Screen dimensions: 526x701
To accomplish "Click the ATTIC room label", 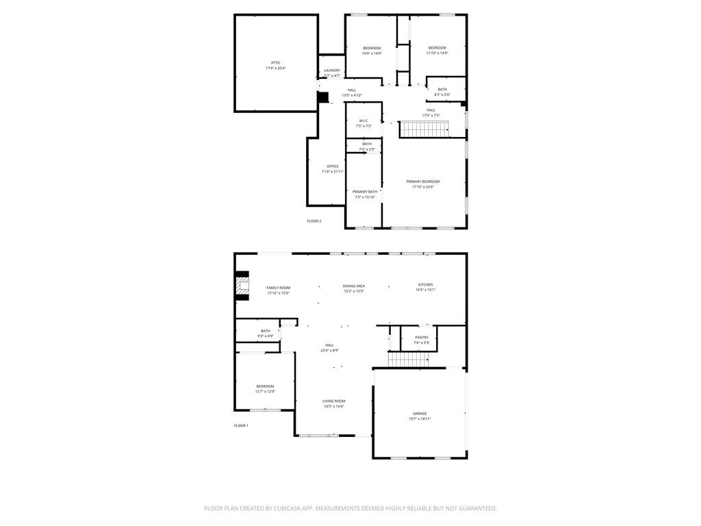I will pos(276,63).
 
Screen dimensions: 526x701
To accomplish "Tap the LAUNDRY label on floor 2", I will pos(332,70).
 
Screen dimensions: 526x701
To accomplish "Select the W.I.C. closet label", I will pos(364,121).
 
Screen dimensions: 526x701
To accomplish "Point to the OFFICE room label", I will pos(333,166).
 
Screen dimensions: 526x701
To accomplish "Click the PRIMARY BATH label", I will pos(364,192).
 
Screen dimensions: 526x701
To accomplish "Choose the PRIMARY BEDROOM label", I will pos(422,181).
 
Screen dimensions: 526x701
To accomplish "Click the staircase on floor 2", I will pos(424,129).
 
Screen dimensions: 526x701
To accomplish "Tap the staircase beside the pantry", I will pos(408,360).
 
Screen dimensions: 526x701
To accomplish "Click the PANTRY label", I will pos(422,337).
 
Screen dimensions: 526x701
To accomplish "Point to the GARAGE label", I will pos(420,414).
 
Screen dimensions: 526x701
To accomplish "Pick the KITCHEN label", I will pos(425,285).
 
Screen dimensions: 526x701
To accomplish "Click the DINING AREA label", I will pos(354,286).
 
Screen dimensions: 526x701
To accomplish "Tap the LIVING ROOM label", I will pos(334,401).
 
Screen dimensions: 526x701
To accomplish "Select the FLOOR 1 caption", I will pos(241,425).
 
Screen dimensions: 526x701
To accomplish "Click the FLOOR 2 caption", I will pos(314,221).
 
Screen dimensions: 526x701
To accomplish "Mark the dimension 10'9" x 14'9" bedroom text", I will pos(372,53).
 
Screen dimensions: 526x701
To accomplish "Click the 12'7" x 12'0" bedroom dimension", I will pos(265,392).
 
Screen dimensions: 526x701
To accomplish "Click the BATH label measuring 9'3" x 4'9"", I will pos(265,331).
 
